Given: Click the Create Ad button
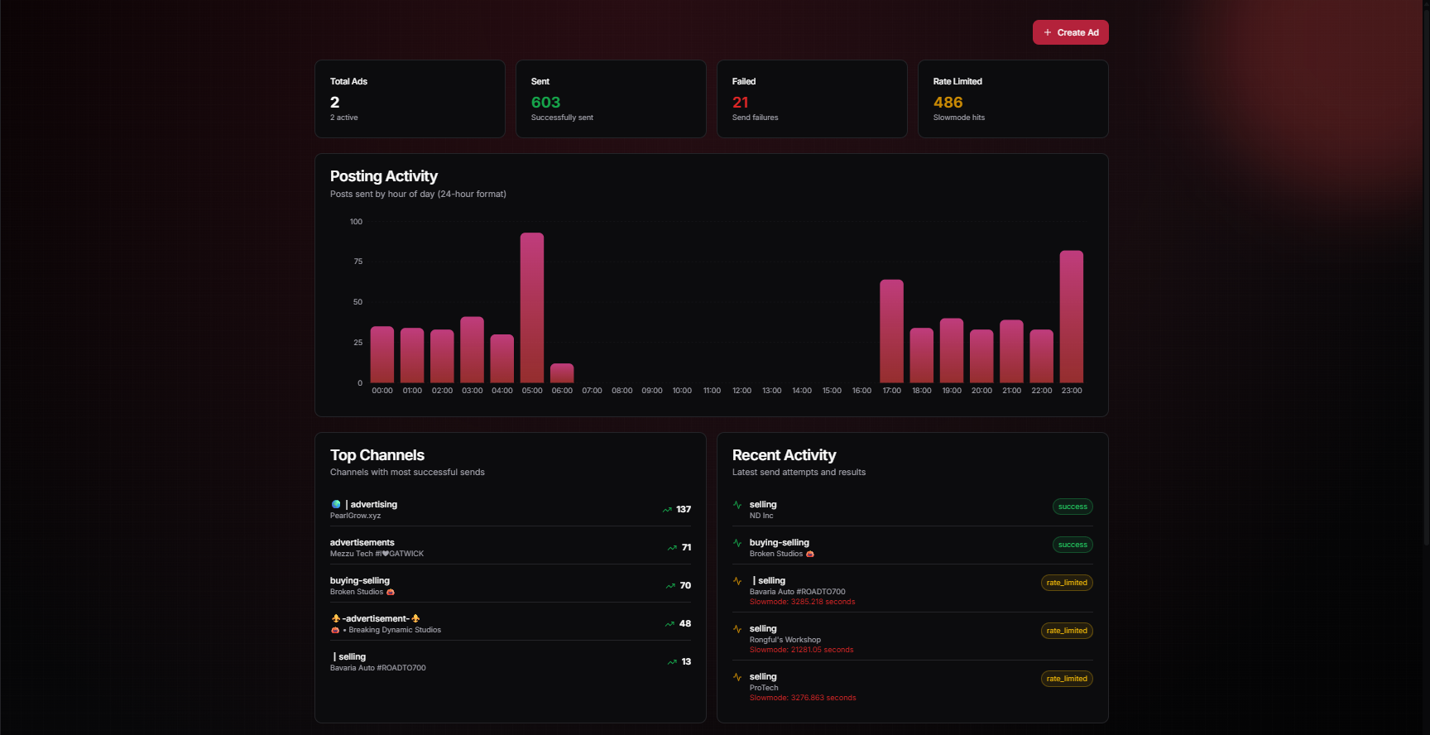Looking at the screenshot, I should click(x=1070, y=32).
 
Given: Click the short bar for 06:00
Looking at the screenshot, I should click(x=562, y=373).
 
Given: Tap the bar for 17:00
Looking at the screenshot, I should click(x=891, y=331).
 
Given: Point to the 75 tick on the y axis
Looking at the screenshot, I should click(x=357, y=262).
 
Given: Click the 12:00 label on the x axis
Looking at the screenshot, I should click(x=741, y=391).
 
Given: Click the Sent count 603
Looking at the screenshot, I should click(x=545, y=103).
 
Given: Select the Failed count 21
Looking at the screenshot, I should click(x=740, y=103).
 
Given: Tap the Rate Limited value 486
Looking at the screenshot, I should click(x=948, y=103).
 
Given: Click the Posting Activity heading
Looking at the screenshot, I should click(x=383, y=176).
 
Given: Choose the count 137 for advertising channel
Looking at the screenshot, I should click(x=683, y=509).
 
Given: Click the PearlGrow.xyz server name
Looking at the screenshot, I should click(x=355, y=516).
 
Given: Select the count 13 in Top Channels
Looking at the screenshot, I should click(x=685, y=661).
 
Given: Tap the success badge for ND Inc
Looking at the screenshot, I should click(x=1072, y=507).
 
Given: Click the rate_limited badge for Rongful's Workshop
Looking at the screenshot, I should click(x=1067, y=631).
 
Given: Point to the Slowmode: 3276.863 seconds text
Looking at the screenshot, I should click(x=802, y=698).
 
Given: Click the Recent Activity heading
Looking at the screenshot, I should click(x=784, y=455).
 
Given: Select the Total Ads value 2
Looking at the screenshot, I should click(x=334, y=103).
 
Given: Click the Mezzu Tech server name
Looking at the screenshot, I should click(x=377, y=554).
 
